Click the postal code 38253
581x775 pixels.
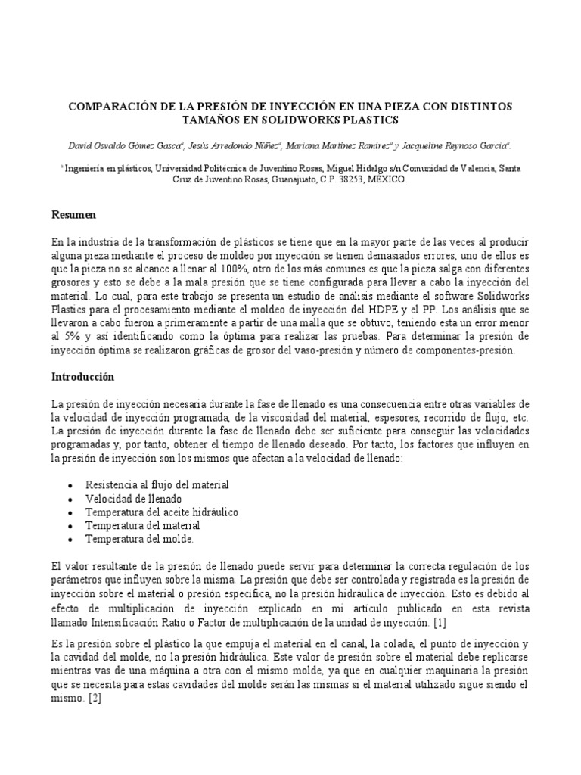coord(350,181)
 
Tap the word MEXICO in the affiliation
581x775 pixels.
coord(387,181)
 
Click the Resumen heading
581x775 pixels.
coord(73,216)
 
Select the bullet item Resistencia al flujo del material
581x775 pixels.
coord(157,484)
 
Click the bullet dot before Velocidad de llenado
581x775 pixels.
coord(70,499)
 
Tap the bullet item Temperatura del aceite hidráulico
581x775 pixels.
coord(161,512)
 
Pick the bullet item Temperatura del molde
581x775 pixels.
coord(139,540)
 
